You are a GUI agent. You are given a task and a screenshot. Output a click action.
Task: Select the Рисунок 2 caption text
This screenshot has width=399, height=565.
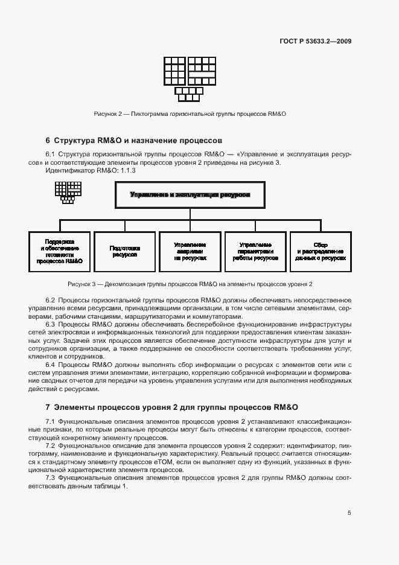(190, 113)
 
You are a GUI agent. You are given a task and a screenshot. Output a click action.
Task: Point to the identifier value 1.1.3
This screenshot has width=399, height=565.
(128, 171)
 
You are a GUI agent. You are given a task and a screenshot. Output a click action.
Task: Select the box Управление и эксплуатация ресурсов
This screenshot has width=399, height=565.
(190, 195)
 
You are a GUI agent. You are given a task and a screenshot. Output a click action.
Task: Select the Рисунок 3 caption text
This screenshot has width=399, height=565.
(190, 284)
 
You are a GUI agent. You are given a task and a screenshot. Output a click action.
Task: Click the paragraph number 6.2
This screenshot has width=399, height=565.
(50, 300)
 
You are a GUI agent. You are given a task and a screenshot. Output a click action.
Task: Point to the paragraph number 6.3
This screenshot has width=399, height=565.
(50, 325)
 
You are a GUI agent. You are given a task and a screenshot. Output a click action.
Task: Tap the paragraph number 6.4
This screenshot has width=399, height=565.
(50, 365)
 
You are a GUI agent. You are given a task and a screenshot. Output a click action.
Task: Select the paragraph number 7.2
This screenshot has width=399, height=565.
(50, 445)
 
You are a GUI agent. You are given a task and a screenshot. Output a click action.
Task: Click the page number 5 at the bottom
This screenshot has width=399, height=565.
(349, 513)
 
